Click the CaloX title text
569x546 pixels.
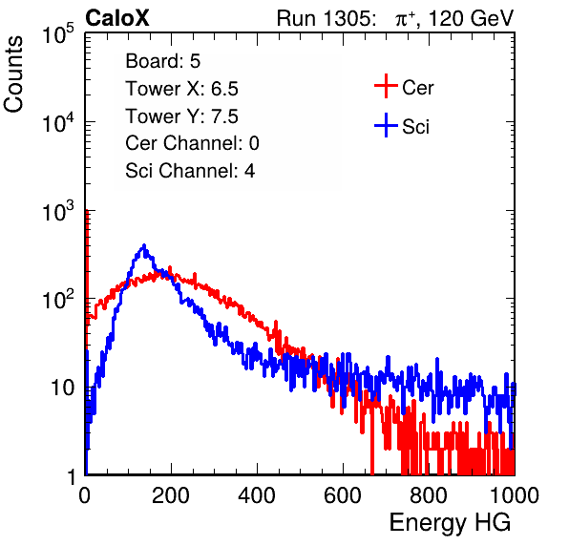[117, 18]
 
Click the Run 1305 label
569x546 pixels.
[326, 18]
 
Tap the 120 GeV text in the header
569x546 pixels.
[472, 18]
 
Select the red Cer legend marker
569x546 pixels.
[386, 86]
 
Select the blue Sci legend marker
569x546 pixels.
[386, 126]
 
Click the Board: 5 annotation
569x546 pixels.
[163, 61]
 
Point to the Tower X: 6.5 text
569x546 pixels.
[181, 89]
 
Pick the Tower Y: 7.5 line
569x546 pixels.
[181, 116]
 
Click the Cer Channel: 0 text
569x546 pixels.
[192, 143]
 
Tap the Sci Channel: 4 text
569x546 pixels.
[190, 171]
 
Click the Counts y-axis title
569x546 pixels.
[13, 74]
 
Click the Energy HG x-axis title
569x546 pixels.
[450, 523]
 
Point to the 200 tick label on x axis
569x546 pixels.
[171, 495]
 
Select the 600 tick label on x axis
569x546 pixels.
[343, 495]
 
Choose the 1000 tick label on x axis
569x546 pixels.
[515, 495]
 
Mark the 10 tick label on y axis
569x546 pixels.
[63, 388]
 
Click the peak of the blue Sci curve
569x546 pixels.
[144, 245]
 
